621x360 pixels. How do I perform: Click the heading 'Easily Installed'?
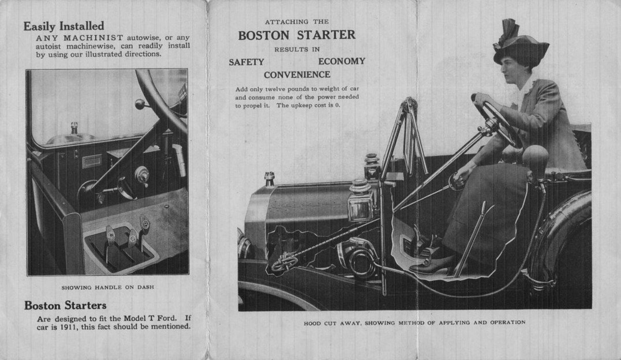63,26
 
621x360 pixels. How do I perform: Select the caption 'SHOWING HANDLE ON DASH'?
107,287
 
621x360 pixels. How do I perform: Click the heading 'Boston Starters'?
65,305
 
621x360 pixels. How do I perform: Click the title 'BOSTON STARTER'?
297,35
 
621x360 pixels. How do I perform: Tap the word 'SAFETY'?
246,62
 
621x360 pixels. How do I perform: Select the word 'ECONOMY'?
341,61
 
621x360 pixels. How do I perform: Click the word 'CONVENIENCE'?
297,75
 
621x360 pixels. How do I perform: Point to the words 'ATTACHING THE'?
297,22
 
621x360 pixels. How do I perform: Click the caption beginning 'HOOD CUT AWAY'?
414,322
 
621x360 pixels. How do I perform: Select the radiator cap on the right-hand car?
269,178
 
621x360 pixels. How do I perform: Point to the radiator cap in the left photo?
74,127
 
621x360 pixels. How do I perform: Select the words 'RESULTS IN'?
297,49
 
